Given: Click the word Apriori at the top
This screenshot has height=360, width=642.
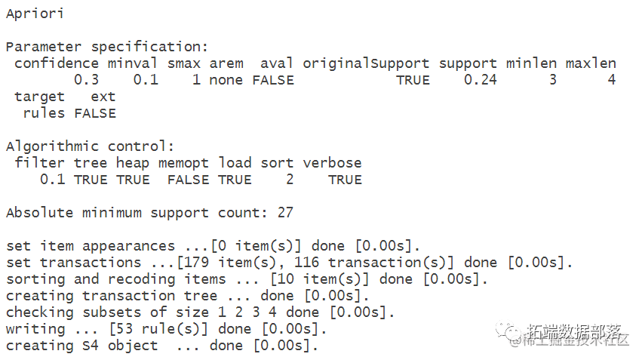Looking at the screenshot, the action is [x=35, y=14].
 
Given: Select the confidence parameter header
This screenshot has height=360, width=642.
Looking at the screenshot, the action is [x=57, y=63].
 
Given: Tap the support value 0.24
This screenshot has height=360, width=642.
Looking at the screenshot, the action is [x=480, y=80].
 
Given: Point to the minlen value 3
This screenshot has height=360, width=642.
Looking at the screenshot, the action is [x=552, y=80].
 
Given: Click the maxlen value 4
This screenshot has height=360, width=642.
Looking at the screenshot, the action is [x=611, y=80].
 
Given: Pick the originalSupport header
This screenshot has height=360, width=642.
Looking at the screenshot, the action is [x=366, y=63].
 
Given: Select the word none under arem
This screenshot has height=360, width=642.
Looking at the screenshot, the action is [x=226, y=80].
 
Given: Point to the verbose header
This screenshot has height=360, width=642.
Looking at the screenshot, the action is [x=332, y=163].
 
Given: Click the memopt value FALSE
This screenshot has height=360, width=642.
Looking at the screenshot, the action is [x=188, y=180].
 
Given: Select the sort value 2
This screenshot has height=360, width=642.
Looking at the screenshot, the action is [x=289, y=180].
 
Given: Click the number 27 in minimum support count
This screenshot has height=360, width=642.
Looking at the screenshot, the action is [x=284, y=213].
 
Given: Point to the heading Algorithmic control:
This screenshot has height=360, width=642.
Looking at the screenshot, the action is [x=90, y=146].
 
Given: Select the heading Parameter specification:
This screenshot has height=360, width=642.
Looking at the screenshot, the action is [x=106, y=47].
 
